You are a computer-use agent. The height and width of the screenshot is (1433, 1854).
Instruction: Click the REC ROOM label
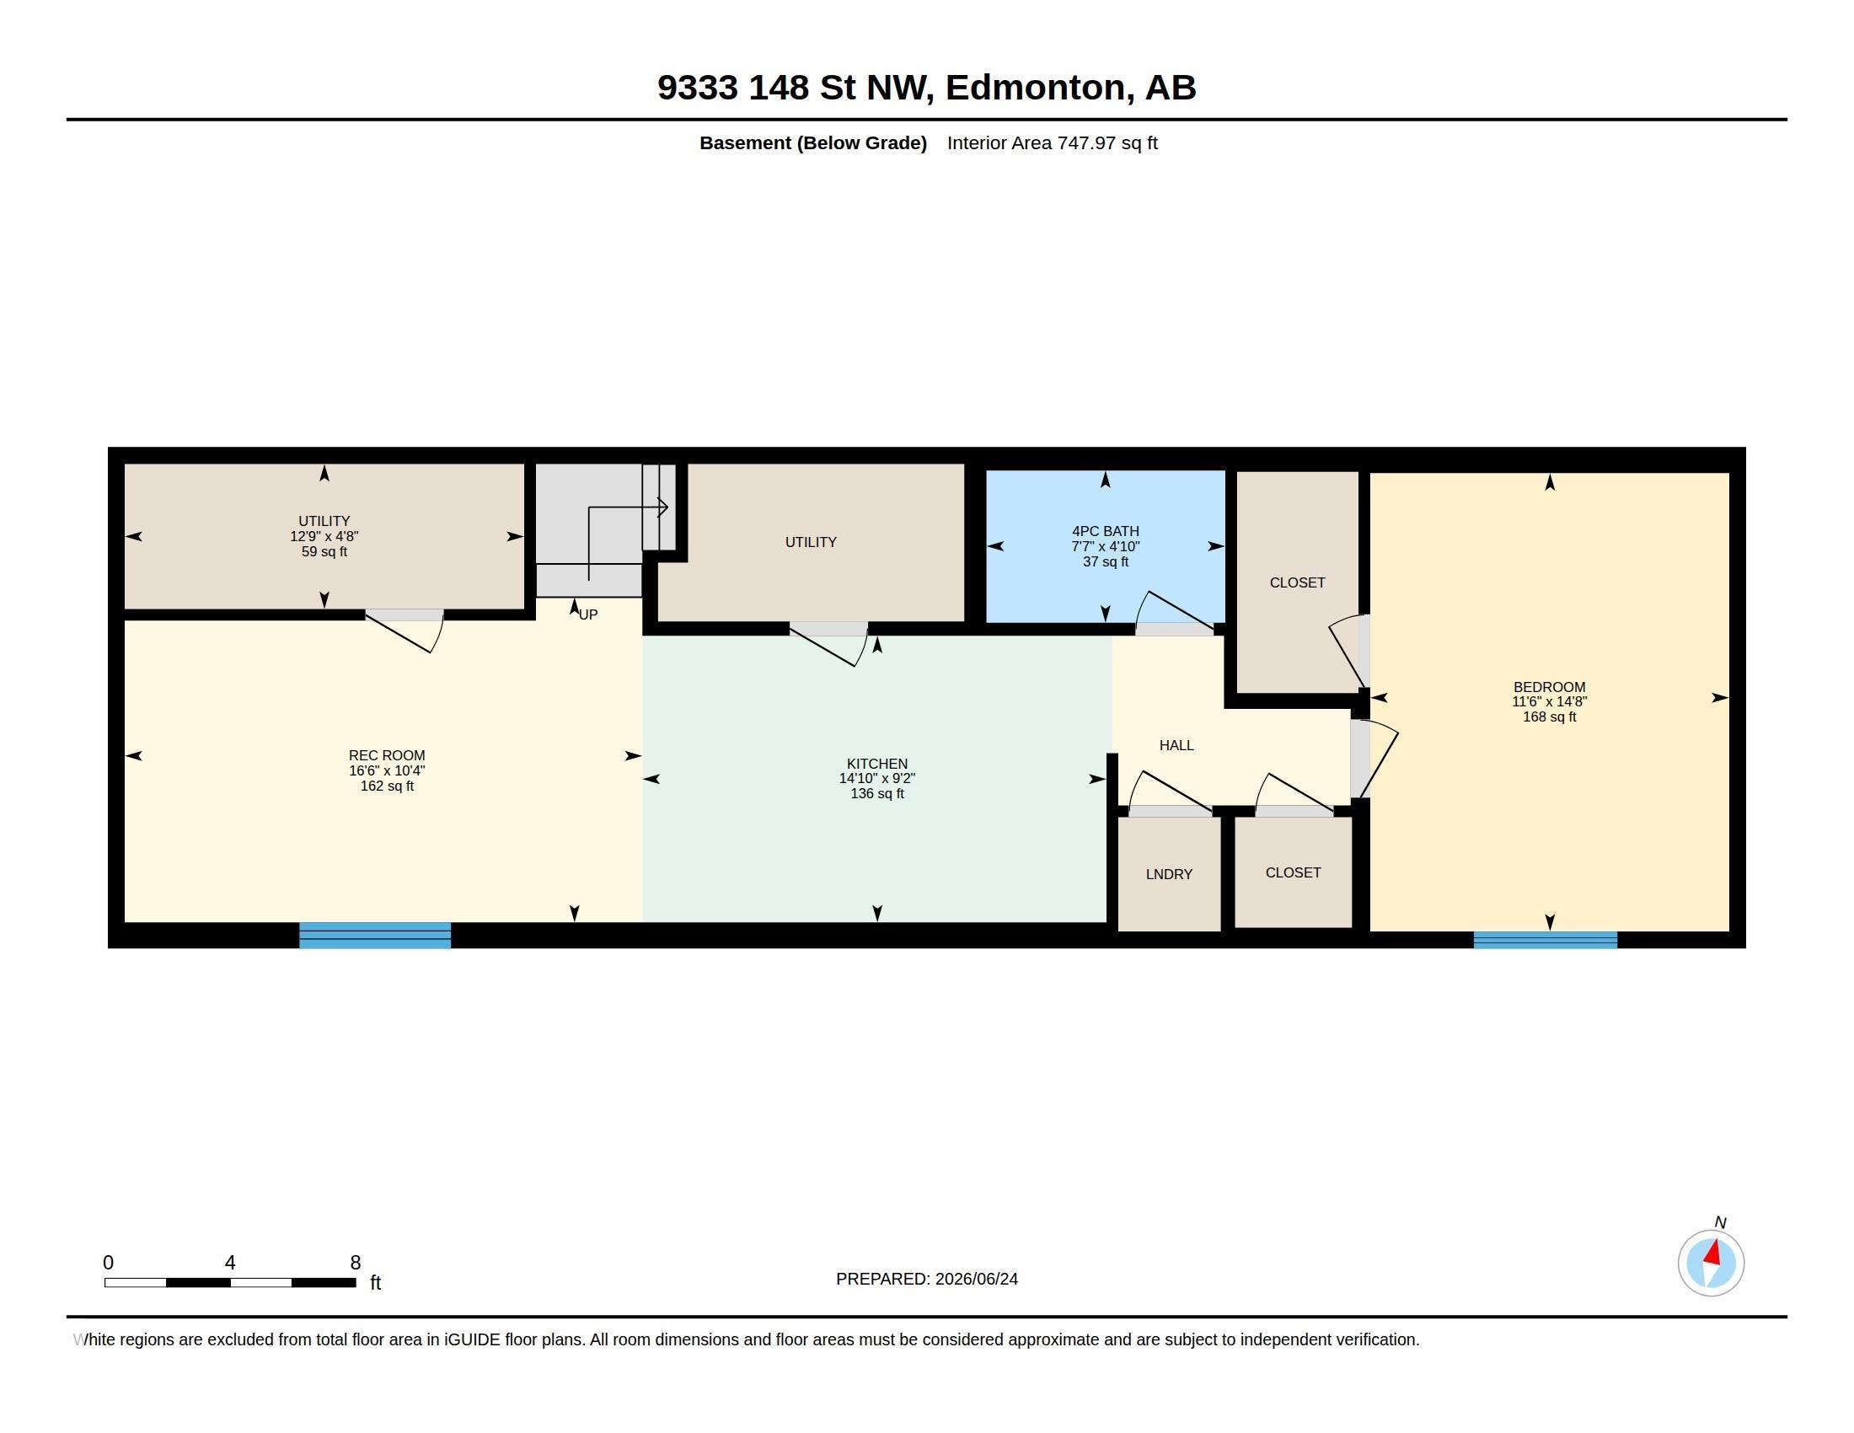pos(386,755)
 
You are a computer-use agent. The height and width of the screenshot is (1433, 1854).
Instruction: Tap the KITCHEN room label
pos(877,764)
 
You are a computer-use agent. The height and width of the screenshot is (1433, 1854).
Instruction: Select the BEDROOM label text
pos(1549,688)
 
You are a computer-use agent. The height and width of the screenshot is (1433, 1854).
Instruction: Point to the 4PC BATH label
pos(1106,531)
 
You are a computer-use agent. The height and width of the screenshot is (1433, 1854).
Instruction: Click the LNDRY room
pos(1169,874)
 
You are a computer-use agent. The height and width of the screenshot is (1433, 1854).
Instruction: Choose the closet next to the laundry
pos(1293,872)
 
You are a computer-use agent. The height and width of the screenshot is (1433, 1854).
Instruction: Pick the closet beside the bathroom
pos(1297,582)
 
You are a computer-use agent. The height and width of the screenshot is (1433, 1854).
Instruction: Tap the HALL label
pos(1176,745)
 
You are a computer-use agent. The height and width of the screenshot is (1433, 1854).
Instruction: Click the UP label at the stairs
pos(588,615)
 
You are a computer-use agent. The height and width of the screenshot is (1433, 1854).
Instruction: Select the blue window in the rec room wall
pos(375,935)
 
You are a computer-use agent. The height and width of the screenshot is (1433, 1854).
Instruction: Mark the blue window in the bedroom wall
pos(1545,940)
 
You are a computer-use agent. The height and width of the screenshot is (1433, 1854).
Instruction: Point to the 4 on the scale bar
pos(230,1263)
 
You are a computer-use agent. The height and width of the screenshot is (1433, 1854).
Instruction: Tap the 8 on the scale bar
pos(356,1263)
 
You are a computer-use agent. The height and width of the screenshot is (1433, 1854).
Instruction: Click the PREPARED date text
pos(927,1279)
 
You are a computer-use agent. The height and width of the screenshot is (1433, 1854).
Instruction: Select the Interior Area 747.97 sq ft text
pos(1052,142)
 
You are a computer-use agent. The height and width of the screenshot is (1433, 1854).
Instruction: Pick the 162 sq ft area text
pos(387,786)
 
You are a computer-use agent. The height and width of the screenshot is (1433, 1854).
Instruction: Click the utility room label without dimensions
pos(811,542)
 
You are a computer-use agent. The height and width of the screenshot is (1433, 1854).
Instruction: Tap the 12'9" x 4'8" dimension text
pos(324,536)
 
